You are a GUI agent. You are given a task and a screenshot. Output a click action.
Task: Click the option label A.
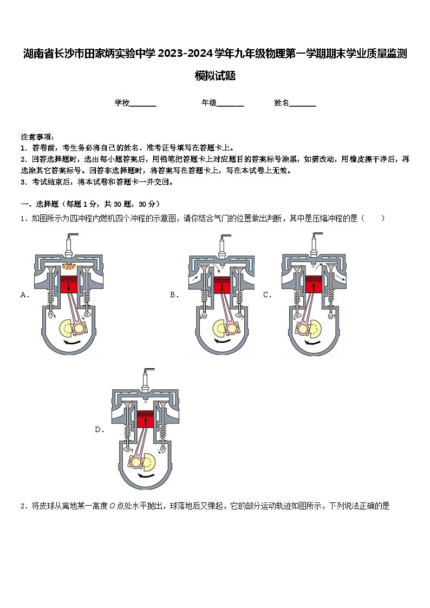coord(24,295)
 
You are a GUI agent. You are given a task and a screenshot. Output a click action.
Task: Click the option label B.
coord(174,295)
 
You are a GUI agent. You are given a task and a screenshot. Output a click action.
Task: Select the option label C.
coord(266,295)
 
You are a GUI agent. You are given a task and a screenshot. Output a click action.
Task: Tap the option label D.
coord(99,430)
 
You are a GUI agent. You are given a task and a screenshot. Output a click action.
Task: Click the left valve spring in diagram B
coord(205,297)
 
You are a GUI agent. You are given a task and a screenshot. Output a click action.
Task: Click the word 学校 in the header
coord(122,103)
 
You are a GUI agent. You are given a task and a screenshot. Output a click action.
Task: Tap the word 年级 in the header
coord(209,103)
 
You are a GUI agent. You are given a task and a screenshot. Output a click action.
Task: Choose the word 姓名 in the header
coord(282,103)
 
